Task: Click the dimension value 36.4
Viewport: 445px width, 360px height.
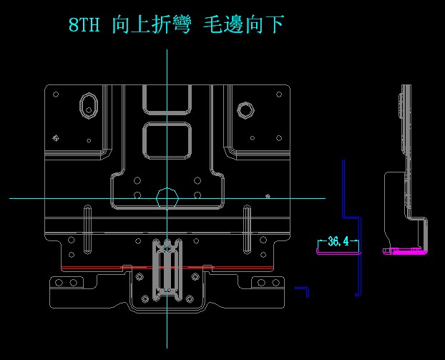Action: point(338,242)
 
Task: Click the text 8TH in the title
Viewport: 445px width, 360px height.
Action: point(84,26)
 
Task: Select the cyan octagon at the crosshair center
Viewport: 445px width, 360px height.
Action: point(167,198)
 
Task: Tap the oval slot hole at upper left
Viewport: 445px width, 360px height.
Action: point(89,104)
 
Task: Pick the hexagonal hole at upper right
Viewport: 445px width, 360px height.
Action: point(245,110)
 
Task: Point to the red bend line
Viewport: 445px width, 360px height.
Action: point(168,267)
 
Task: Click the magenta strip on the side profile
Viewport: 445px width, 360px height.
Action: point(405,251)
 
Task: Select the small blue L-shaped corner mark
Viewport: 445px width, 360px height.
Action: point(303,291)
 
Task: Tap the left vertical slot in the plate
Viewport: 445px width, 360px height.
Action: point(87,229)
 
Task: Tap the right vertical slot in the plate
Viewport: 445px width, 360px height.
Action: point(247,229)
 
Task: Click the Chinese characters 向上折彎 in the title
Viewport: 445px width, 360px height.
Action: point(150,26)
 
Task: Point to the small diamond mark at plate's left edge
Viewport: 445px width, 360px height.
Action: point(56,137)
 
